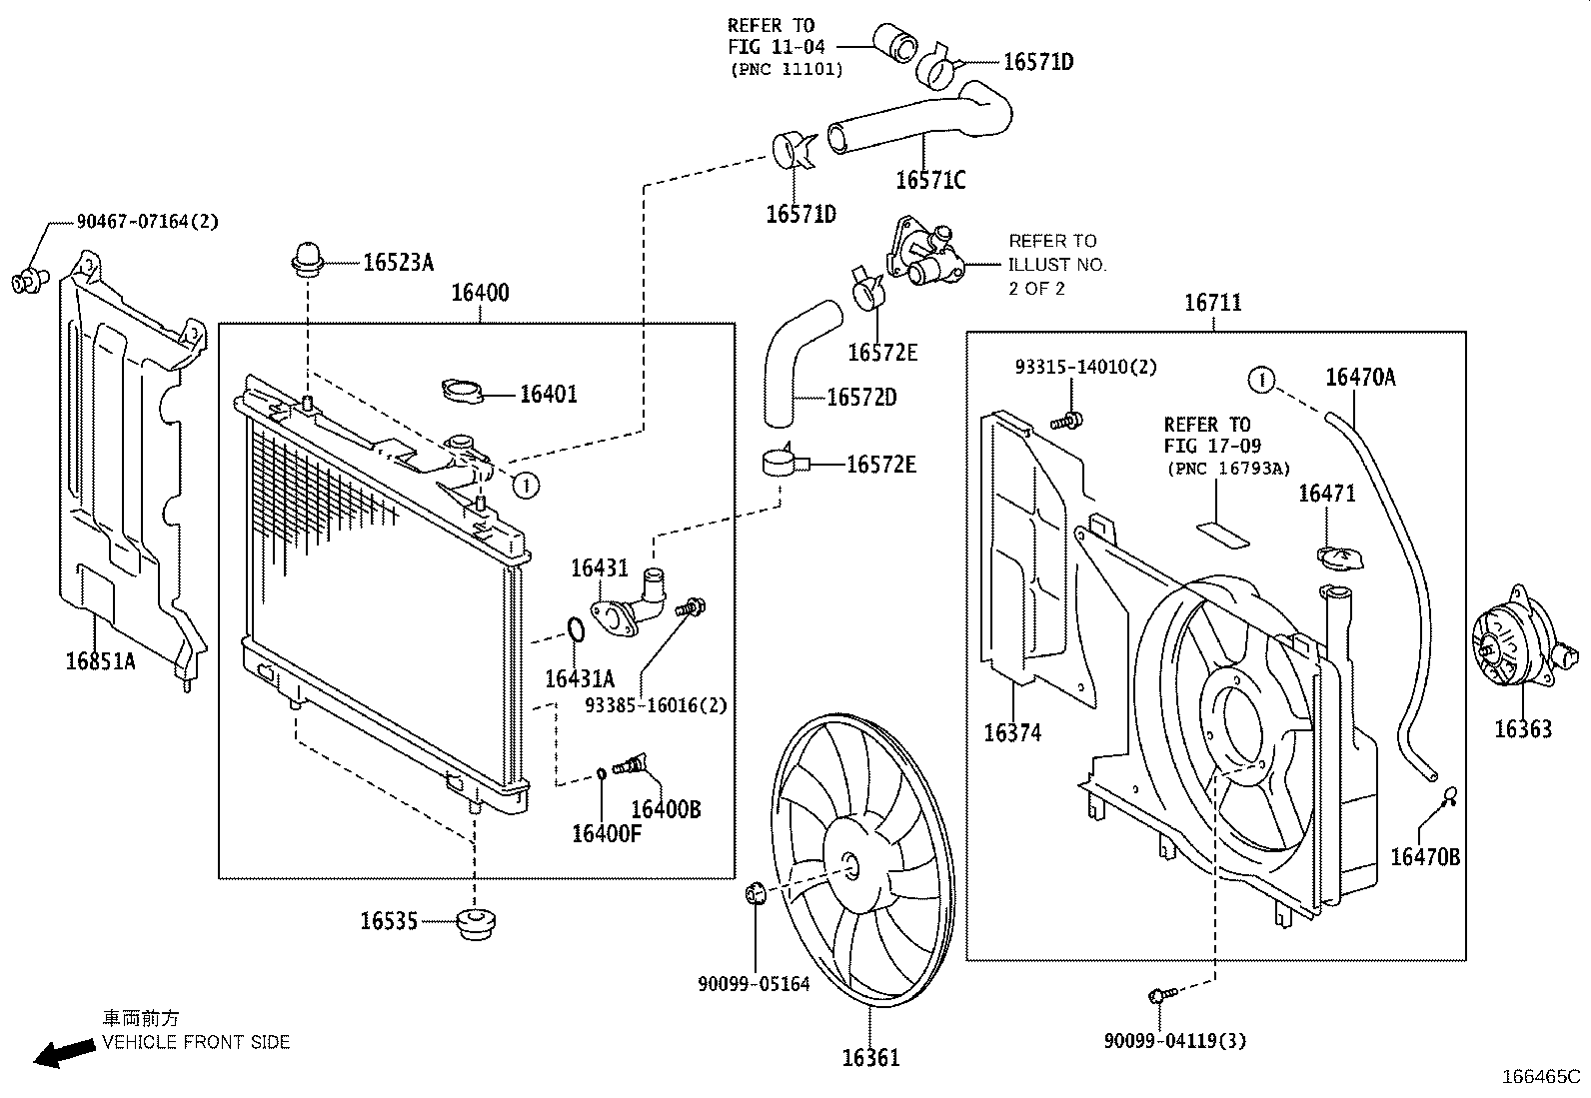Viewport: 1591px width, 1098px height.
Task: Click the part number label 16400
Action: coord(480,293)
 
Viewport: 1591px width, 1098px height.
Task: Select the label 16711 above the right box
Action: coord(1212,302)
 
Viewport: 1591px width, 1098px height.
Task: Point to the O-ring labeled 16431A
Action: coord(576,629)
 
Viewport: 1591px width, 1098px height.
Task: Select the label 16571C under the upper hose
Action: coord(930,181)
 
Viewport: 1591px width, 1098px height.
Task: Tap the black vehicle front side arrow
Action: coord(60,1052)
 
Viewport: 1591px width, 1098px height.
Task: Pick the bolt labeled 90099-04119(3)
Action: coord(1157,995)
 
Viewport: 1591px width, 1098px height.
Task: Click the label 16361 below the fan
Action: coord(870,1057)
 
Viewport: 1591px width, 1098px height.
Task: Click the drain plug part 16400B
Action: coord(631,767)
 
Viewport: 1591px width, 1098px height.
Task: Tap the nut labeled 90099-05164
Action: coord(757,892)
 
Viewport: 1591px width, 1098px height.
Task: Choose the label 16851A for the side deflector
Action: coord(100,660)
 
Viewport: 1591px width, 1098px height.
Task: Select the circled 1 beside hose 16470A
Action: coord(1262,380)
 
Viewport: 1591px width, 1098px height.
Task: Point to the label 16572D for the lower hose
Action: coord(861,398)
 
